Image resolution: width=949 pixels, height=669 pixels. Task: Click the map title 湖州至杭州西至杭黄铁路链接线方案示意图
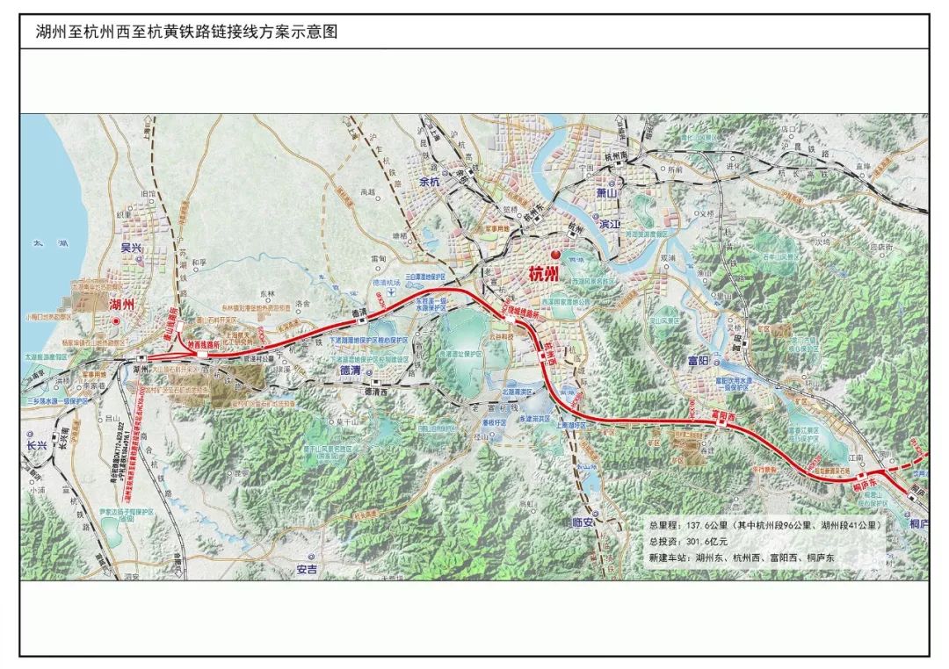point(186,32)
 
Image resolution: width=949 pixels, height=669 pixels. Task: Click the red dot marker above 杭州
point(554,255)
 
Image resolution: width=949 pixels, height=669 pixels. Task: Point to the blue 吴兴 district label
point(132,249)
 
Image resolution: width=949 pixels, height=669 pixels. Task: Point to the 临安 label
point(584,522)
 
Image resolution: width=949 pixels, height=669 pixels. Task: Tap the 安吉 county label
point(308,569)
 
